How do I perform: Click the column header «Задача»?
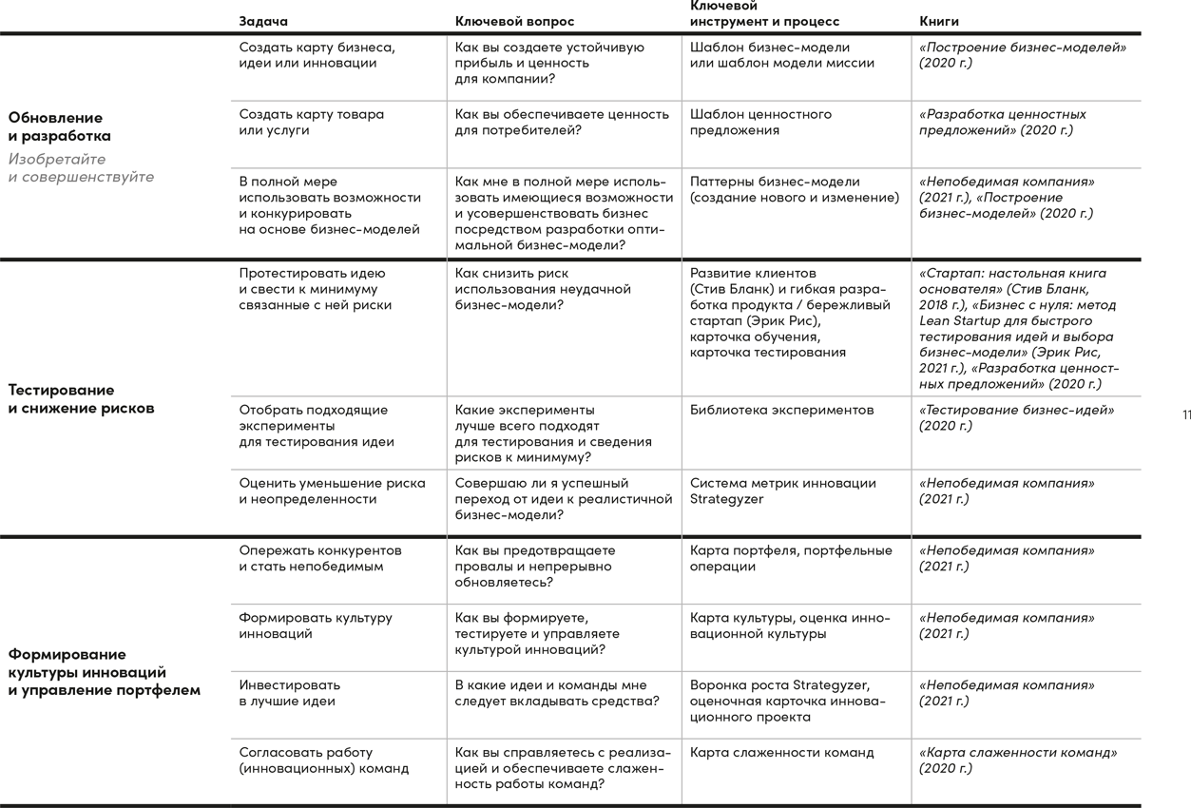coord(263,21)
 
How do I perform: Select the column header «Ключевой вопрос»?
coord(514,21)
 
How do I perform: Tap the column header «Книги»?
coord(939,21)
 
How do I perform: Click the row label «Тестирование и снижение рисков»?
coord(81,399)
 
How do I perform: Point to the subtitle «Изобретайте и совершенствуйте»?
coord(81,168)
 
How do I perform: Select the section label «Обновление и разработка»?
coord(60,126)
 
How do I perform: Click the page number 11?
coord(1185,414)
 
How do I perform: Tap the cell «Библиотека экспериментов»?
coord(781,410)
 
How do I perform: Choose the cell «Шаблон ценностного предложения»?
coord(760,122)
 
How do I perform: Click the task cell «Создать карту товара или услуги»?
coord(311,122)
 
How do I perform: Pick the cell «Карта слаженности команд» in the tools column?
coord(781,752)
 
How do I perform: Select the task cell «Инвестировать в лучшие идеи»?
coord(288,692)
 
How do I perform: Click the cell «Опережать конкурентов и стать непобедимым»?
coord(319,558)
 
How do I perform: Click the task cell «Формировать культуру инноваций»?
coord(315,625)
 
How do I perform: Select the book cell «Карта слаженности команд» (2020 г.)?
coord(1017,760)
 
